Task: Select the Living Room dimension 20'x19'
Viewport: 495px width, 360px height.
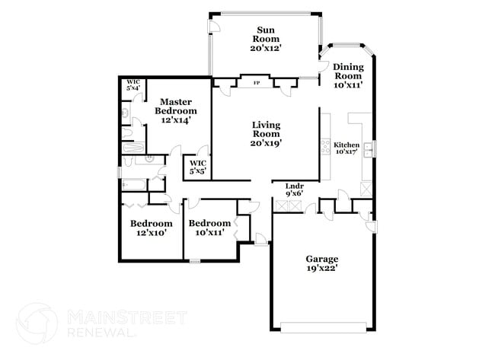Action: click(x=267, y=142)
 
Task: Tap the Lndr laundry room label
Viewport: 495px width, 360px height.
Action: click(x=295, y=186)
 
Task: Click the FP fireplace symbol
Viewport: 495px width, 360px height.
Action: click(x=257, y=82)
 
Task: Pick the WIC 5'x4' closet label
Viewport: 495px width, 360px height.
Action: click(x=133, y=84)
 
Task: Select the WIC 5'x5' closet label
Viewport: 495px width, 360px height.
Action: click(x=198, y=167)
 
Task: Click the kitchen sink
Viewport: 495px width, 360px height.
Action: click(x=368, y=149)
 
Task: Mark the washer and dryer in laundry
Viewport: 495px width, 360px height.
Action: click(x=295, y=205)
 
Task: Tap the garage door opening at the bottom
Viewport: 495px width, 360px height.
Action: click(x=321, y=329)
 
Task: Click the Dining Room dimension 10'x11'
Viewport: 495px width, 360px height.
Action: click(x=347, y=84)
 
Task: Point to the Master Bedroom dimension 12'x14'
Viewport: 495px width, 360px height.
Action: click(x=174, y=119)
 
